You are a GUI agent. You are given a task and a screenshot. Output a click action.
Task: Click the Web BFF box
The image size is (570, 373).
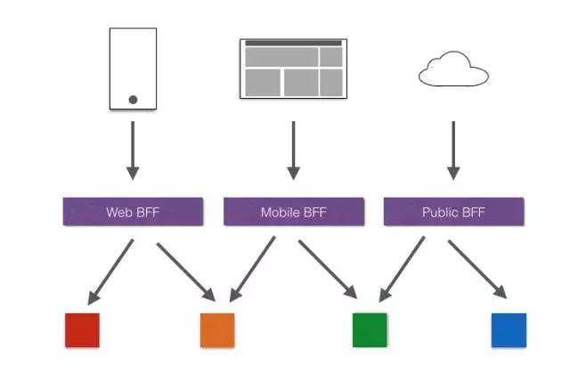coord(133,212)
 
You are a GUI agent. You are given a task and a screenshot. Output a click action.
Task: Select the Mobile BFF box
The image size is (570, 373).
coord(293,212)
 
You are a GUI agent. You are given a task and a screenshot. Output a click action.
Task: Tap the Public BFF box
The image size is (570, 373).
coord(453,212)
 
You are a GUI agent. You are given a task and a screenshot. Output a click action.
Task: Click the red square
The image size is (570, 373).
coord(82,329)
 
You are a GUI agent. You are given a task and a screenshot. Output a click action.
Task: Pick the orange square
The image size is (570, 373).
coord(217,329)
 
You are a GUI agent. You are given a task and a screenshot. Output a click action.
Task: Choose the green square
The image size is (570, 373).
coord(370,329)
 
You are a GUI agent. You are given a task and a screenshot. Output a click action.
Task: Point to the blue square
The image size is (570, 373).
coord(509,329)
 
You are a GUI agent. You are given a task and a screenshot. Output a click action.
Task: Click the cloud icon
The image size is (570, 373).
coord(453,70)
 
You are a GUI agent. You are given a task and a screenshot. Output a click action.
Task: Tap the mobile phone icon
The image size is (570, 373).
coord(133,69)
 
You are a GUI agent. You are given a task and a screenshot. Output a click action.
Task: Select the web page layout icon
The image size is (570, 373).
coord(293,69)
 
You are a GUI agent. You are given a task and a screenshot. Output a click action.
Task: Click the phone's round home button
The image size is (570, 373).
coord(133,99)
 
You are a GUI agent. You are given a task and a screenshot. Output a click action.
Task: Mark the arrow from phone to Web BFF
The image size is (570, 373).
coord(133,149)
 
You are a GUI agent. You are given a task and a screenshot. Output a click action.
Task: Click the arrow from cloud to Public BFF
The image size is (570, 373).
coord(453,149)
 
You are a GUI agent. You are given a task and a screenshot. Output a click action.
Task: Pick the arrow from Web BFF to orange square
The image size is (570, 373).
coord(186,269)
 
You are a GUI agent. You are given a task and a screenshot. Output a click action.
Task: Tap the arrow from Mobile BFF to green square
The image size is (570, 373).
coord(328,269)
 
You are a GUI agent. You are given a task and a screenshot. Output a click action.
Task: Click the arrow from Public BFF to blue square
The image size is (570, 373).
coord(477,269)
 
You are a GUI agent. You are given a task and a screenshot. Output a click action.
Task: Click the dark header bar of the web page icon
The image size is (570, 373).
coord(293,43)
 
